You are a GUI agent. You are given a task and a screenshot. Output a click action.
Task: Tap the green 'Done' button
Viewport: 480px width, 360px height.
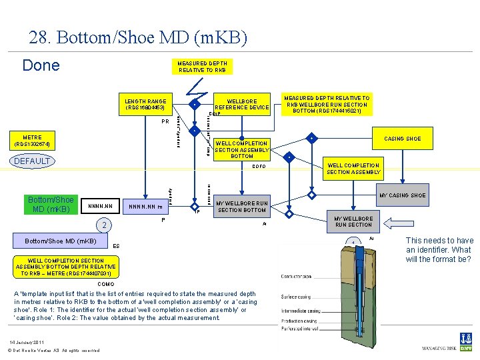(41, 65)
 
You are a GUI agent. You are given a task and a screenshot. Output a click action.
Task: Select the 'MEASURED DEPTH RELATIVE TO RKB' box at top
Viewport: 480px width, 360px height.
(202, 67)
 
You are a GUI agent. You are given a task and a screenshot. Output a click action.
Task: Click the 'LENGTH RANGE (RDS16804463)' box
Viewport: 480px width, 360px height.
(145, 105)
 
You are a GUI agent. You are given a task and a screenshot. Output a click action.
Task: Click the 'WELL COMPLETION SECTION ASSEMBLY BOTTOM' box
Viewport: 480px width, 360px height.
(241, 149)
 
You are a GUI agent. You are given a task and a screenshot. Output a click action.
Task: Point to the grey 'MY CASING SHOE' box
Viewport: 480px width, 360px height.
(402, 195)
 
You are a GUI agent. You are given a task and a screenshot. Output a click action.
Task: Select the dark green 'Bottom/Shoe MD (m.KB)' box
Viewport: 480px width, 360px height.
(51, 204)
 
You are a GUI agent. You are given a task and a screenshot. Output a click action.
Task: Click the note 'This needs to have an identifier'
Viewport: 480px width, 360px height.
(439, 250)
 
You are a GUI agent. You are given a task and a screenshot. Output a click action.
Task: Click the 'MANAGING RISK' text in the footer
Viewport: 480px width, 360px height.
(439, 348)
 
